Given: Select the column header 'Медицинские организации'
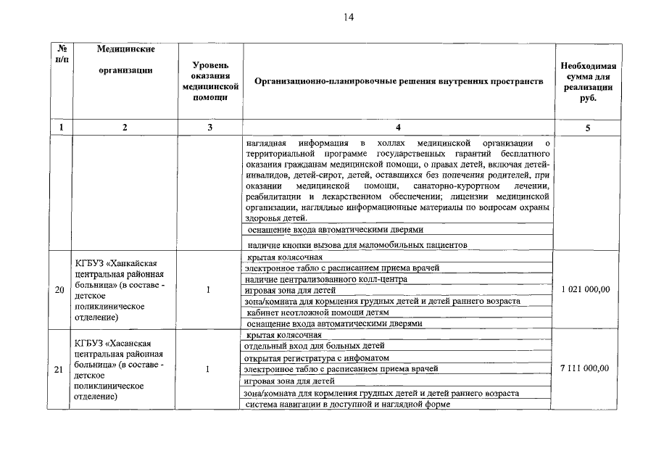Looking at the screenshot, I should [x=125, y=59].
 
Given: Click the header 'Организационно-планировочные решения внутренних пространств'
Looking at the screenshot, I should [x=399, y=81].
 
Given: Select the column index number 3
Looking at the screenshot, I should [x=210, y=128].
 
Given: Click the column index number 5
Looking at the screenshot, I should [x=587, y=128].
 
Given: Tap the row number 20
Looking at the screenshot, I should [x=60, y=290].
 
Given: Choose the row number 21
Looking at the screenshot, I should [x=60, y=369].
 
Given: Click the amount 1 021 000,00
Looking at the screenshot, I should [x=586, y=290].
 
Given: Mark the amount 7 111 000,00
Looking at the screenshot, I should [x=586, y=368].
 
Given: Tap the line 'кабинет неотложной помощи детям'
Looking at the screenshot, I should [x=323, y=312].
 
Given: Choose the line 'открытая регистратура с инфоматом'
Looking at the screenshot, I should [x=317, y=358].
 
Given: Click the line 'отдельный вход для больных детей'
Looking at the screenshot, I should [x=314, y=347].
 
